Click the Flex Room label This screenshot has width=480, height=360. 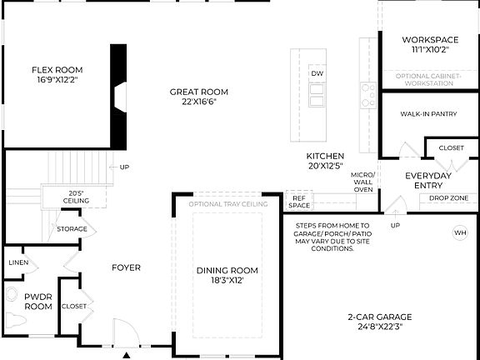pyautogui.click(x=57, y=70)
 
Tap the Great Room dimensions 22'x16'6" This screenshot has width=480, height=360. pyautogui.click(x=198, y=102)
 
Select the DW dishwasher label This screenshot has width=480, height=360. pyautogui.click(x=317, y=74)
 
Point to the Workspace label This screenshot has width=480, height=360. pyautogui.click(x=430, y=39)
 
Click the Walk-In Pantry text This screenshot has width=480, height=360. pyautogui.click(x=429, y=114)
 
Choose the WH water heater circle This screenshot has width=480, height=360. pyautogui.click(x=460, y=232)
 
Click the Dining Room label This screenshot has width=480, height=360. pyautogui.click(x=227, y=270)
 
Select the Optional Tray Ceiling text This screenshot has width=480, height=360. pyautogui.click(x=227, y=204)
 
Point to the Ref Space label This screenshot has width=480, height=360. pyautogui.click(x=298, y=201)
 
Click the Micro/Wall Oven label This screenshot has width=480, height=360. pyautogui.click(x=363, y=181)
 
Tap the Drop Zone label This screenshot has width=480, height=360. pyautogui.click(x=447, y=198)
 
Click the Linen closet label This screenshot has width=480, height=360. pyautogui.click(x=18, y=262)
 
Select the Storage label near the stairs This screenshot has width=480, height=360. pyautogui.click(x=72, y=228)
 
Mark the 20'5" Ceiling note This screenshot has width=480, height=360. pyautogui.click(x=77, y=197)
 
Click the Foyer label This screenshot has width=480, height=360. pyautogui.click(x=127, y=267)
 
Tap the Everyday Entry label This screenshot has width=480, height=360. pyautogui.click(x=427, y=180)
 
